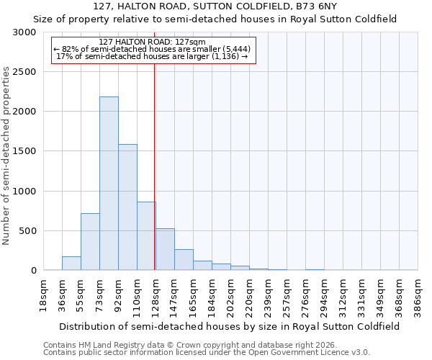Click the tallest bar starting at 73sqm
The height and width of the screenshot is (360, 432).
pyautogui.click(x=109, y=184)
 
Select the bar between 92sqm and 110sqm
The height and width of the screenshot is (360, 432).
pyautogui.click(x=127, y=207)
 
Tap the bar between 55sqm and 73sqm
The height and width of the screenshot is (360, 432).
pyautogui.click(x=90, y=242)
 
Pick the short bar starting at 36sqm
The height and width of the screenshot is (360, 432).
pyautogui.click(x=71, y=264)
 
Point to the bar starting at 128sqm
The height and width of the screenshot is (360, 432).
pyautogui.click(x=165, y=249)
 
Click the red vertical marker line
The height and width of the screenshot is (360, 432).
pyautogui.click(x=155, y=166)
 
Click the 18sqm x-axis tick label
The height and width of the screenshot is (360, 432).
pyautogui.click(x=43, y=293)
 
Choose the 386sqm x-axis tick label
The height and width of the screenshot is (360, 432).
pyautogui.click(x=418, y=293)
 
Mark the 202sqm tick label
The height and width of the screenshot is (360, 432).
pyautogui.click(x=230, y=293)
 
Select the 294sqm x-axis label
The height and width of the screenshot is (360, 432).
pyautogui.click(x=325, y=293)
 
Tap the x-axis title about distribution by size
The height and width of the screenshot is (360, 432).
pyautogui.click(x=230, y=326)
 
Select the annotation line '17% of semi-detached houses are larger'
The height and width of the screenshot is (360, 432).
pyautogui.click(x=152, y=56)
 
